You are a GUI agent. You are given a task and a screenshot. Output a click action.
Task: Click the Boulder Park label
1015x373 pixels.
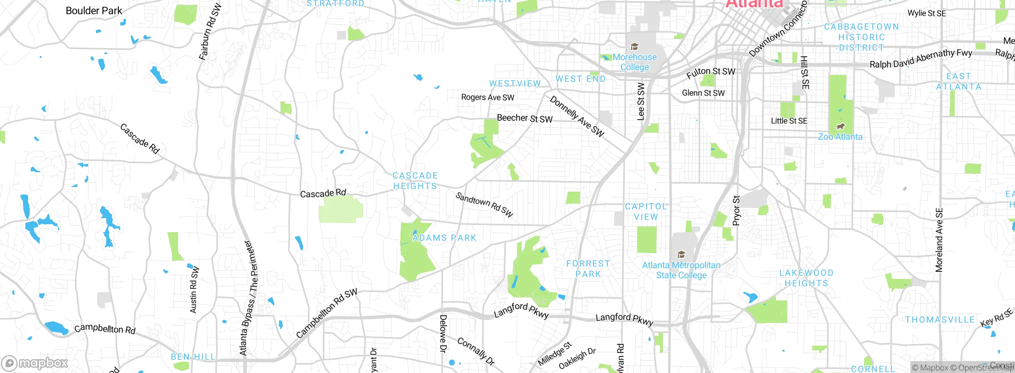click(x=94, y=11)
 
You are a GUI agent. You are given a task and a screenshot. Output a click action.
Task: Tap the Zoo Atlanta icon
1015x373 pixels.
click(x=840, y=127)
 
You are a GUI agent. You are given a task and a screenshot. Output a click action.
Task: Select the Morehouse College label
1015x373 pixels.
click(x=635, y=62)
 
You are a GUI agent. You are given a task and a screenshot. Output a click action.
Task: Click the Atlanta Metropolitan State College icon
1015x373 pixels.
click(x=681, y=255)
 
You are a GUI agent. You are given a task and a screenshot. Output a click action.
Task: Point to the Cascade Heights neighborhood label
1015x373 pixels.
click(x=415, y=181)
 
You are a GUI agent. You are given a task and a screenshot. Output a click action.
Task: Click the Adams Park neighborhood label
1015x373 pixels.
click(x=444, y=238)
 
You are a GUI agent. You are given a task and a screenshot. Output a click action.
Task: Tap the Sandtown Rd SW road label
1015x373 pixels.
click(x=485, y=205)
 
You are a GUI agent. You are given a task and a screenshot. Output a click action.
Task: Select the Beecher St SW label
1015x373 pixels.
click(x=525, y=118)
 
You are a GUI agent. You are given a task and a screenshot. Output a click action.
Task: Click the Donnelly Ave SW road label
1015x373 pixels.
click(x=577, y=116)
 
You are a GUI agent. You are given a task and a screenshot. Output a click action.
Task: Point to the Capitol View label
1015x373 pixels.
click(x=646, y=211)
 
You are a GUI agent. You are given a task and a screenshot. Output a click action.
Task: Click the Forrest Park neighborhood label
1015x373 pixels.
click(x=588, y=269)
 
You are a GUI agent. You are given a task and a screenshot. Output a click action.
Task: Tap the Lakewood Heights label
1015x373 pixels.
click(x=806, y=278)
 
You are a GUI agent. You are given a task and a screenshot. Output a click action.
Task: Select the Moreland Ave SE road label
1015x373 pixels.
click(x=939, y=240)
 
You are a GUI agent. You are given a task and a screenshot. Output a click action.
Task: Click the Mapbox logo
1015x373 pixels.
click(x=35, y=363)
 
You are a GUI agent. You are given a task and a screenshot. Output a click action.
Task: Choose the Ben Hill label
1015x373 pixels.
click(x=193, y=357)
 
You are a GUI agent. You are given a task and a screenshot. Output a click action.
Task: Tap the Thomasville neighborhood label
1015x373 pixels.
click(x=940, y=320)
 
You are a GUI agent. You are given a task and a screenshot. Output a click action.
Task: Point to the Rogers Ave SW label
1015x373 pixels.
click(x=488, y=97)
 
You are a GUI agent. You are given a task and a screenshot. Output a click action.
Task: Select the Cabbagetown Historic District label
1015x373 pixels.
click(x=861, y=37)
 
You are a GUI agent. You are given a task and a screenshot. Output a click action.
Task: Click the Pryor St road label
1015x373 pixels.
click(x=736, y=211)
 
